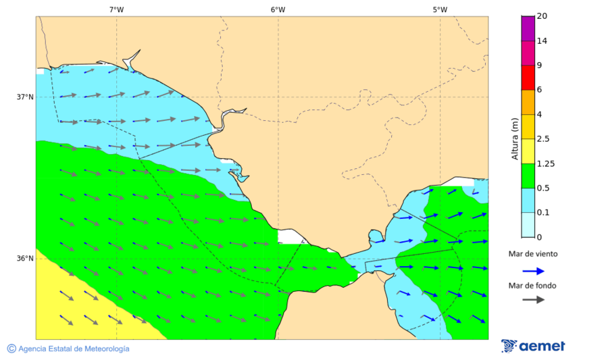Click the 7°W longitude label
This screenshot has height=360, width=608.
coord(116,9)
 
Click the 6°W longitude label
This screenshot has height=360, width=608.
coord(278,9)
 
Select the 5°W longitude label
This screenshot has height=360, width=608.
coord(440,9)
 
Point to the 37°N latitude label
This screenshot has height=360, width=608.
coord(25,97)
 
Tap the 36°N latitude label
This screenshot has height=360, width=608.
coord(25,258)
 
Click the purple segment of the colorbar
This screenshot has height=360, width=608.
coord(528,28)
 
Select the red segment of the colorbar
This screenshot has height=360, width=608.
coord(528,77)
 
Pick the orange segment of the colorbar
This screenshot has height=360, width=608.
coord(528,102)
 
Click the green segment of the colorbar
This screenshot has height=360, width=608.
coord(528,176)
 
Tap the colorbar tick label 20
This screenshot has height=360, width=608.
coord(542,16)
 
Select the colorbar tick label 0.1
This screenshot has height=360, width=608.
coord(543,213)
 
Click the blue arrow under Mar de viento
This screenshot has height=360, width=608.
coord(533,271)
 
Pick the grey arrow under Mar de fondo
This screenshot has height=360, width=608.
coord(533,299)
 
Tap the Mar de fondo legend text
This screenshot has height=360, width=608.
coord(533,285)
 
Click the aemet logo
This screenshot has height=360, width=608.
coord(533,346)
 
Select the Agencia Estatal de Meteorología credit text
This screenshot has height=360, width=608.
coord(68,349)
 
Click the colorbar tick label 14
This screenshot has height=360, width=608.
coord(542,41)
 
